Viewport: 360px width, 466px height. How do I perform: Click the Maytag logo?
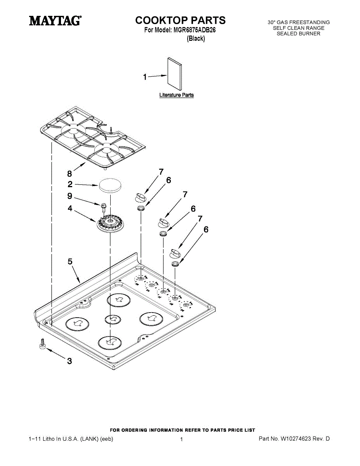coord(55,20)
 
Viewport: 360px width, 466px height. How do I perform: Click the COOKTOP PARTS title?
coord(180,20)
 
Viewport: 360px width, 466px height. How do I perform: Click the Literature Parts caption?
coord(176,95)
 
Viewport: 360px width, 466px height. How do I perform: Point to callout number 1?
coord(145,77)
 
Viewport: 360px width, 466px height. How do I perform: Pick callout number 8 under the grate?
coord(70,174)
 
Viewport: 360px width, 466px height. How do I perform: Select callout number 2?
coord(70,184)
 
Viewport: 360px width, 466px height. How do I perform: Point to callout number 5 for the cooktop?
coord(70,262)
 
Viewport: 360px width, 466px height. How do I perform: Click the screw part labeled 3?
coord(42,344)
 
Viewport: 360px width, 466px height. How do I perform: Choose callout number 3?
coord(70,361)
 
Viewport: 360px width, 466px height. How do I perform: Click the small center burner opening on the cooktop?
coord(113,319)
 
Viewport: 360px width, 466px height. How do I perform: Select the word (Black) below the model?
coord(196,38)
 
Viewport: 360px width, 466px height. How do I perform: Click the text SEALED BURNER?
coord(298,34)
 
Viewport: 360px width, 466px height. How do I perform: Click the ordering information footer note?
coord(183,430)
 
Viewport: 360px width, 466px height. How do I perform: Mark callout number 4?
coord(70,209)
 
